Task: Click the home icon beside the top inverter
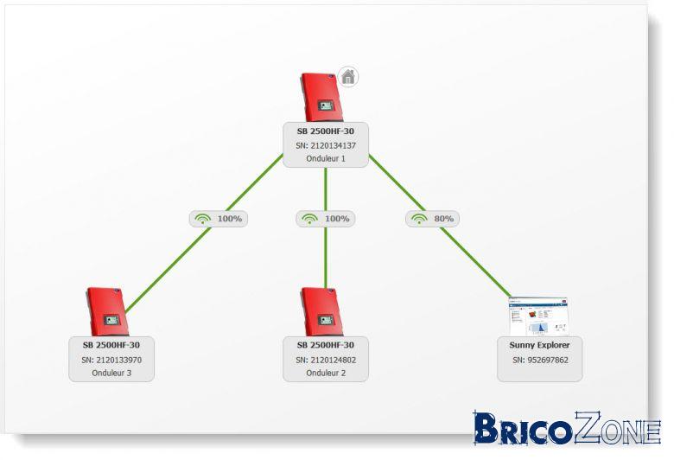click(x=348, y=77)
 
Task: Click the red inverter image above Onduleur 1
click(x=322, y=97)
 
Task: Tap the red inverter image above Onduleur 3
click(x=107, y=311)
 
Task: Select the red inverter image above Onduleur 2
click(x=322, y=311)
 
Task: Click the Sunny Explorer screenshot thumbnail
click(x=538, y=316)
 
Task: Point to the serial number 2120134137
click(x=334, y=146)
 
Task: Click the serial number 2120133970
click(x=119, y=361)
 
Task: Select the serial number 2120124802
click(x=334, y=361)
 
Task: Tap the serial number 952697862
click(x=548, y=361)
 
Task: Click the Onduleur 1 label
click(x=326, y=158)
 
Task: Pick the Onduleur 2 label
click(x=326, y=373)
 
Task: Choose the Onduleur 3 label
click(x=111, y=373)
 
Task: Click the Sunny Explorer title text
click(x=539, y=345)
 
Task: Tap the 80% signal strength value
click(x=443, y=219)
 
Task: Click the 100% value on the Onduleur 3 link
click(x=230, y=219)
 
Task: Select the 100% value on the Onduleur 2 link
click(x=337, y=219)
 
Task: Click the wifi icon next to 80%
click(x=419, y=219)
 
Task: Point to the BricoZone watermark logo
click(x=567, y=428)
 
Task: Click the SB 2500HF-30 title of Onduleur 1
click(x=326, y=131)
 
